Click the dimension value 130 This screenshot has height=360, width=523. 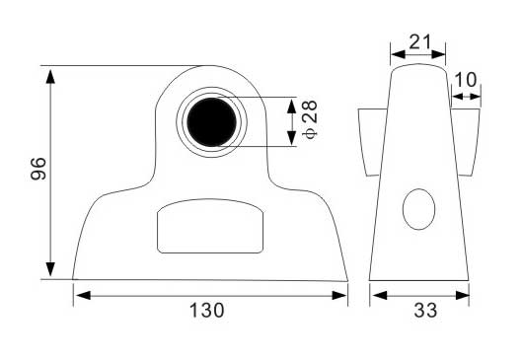click(x=207, y=311)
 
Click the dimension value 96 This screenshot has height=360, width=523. click(x=38, y=169)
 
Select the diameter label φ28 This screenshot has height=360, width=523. click(x=310, y=119)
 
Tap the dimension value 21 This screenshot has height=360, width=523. click(x=420, y=42)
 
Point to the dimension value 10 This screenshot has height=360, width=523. click(x=466, y=80)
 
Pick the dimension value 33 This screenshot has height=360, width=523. click(x=425, y=311)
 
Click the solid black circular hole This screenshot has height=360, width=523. click(x=212, y=122)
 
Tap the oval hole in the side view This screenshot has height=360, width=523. click(x=419, y=209)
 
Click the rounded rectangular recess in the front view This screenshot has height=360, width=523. click(x=210, y=226)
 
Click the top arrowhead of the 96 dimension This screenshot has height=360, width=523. click(x=50, y=76)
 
